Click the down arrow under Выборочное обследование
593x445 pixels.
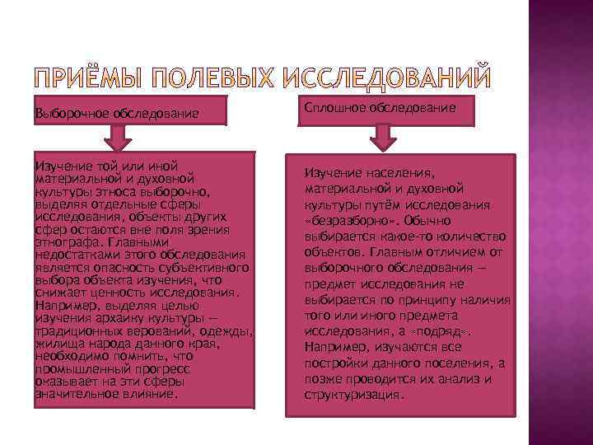point(121,137)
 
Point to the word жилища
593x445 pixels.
point(56,345)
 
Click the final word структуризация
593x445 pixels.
point(353,395)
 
